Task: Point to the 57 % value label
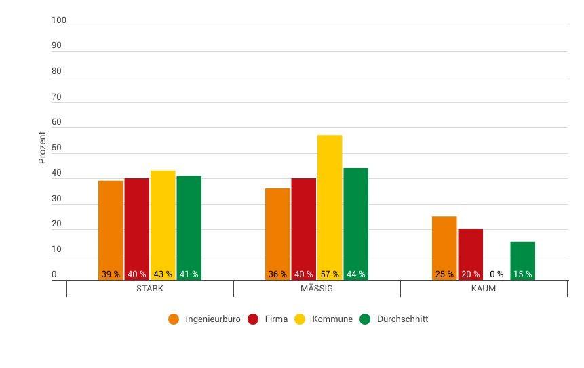pyautogui.click(x=330, y=274)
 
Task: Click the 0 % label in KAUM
pyautogui.click(x=497, y=274)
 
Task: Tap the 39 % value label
pyautogui.click(x=111, y=274)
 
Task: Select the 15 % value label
pyautogui.click(x=522, y=274)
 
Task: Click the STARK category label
pyautogui.click(x=150, y=289)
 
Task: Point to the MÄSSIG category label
pyautogui.click(x=317, y=289)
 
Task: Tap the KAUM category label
pyautogui.click(x=484, y=289)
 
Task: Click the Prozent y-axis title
pyautogui.click(x=42, y=148)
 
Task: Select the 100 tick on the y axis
pyautogui.click(x=59, y=20)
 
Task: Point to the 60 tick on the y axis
pyautogui.click(x=56, y=123)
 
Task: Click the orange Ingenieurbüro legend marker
pyautogui.click(x=174, y=319)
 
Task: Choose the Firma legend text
pyautogui.click(x=277, y=319)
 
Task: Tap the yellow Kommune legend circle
pyautogui.click(x=300, y=319)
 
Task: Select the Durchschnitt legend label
pyautogui.click(x=402, y=319)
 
